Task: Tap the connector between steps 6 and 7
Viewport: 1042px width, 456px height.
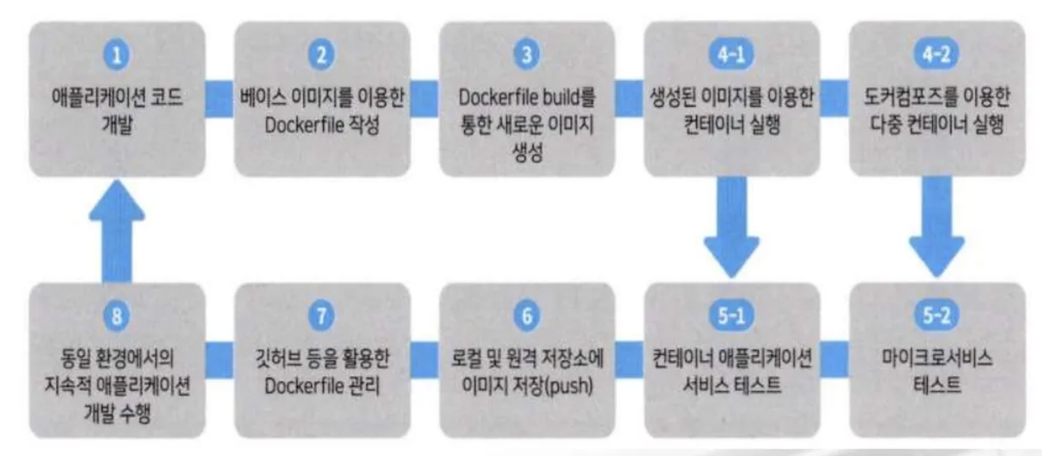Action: pos(425,351)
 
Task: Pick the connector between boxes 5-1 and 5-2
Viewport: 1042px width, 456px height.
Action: pos(833,351)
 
